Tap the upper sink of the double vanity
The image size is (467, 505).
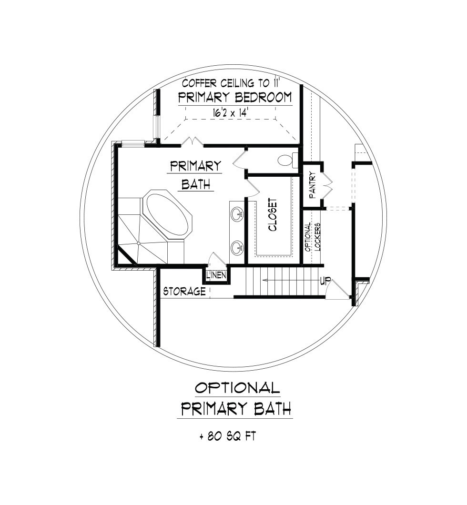(237, 213)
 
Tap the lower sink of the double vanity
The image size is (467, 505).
(237, 248)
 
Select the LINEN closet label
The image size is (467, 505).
(217, 276)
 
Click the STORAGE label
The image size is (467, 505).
(184, 292)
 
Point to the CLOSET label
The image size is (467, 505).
(273, 215)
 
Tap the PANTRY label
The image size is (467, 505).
(312, 185)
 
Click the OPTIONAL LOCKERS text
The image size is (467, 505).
(313, 237)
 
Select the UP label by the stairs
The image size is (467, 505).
(325, 281)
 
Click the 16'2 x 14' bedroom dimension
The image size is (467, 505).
(231, 113)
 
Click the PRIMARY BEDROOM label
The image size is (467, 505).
(235, 97)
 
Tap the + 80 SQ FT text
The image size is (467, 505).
(228, 436)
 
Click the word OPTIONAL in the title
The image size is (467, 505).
(237, 388)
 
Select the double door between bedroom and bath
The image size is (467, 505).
(193, 141)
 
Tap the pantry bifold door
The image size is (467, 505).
(327, 185)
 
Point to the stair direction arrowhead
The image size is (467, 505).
(265, 281)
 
